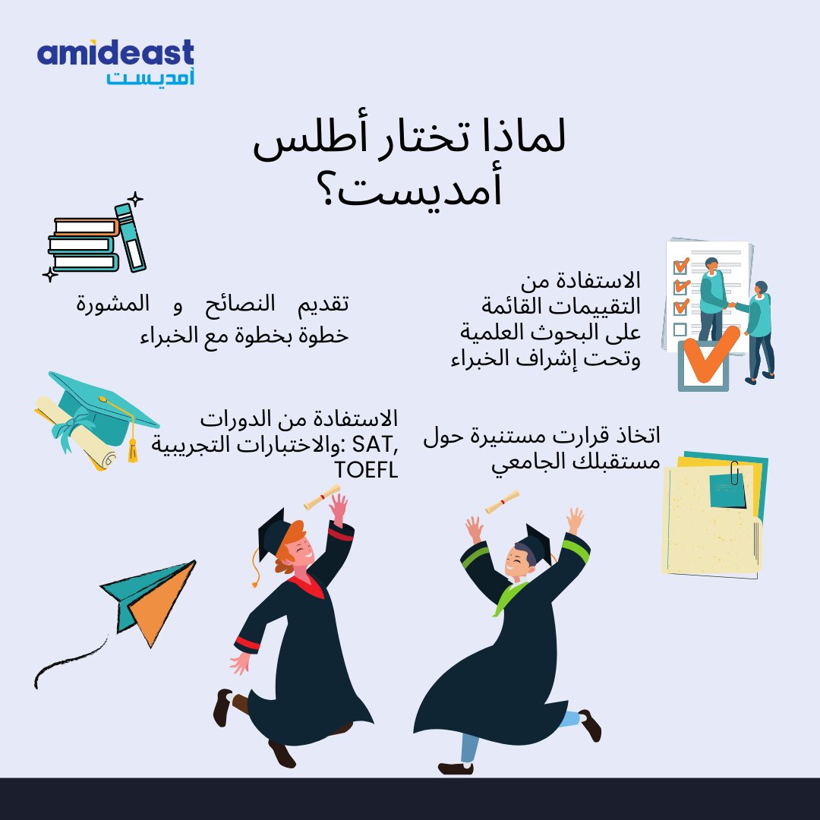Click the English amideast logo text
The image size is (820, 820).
click(x=115, y=55)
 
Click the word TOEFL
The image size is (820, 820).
click(x=366, y=471)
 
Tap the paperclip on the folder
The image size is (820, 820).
click(x=735, y=475)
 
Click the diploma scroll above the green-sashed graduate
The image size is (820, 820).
click(x=503, y=501)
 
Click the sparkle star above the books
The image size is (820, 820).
click(x=135, y=200)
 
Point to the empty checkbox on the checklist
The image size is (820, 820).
click(x=680, y=329)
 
